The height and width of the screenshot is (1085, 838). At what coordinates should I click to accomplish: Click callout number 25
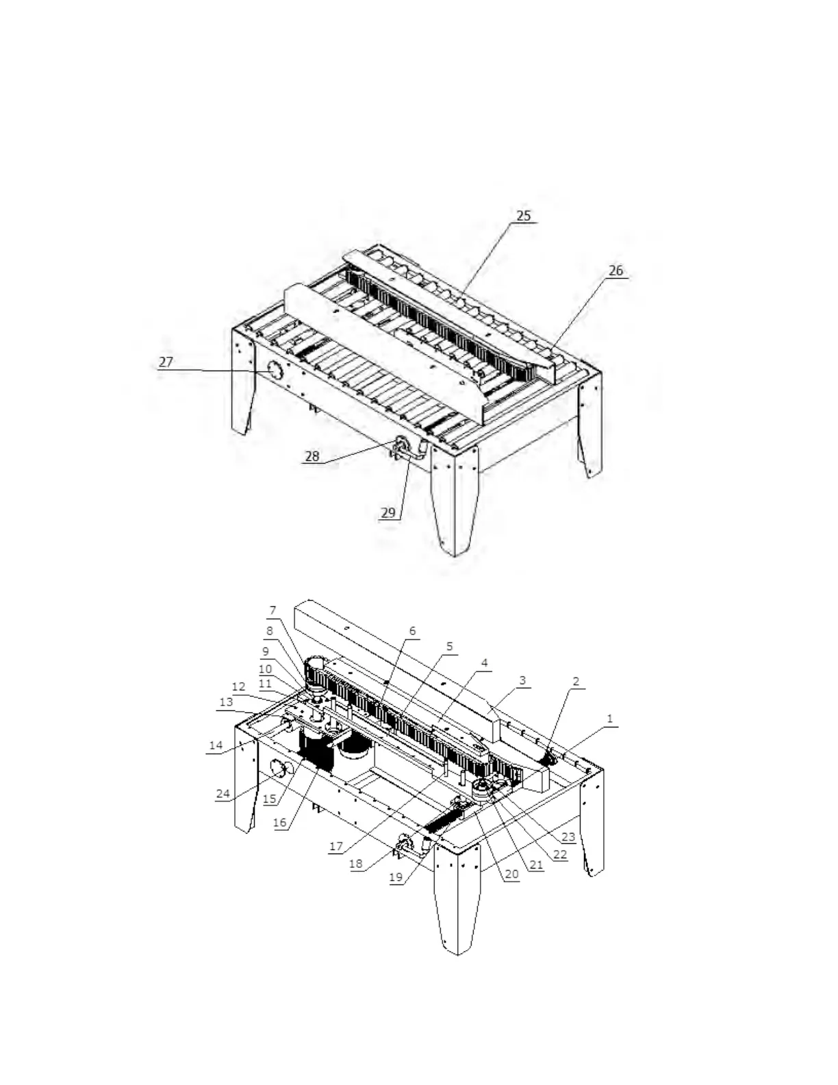523,216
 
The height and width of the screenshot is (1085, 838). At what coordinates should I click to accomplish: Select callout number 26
615,271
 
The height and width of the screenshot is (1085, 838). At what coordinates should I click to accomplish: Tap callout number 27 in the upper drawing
166,362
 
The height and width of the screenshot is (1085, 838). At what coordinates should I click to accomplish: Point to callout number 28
312,456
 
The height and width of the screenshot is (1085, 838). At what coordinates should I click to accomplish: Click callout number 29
388,512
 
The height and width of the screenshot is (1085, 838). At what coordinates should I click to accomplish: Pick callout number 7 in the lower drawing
272,610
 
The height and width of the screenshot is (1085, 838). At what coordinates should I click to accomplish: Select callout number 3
522,681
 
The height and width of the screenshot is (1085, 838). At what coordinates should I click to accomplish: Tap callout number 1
609,719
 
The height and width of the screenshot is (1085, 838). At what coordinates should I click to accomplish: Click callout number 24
223,794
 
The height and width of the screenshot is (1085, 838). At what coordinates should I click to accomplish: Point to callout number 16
280,823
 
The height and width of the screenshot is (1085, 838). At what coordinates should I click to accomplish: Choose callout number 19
396,877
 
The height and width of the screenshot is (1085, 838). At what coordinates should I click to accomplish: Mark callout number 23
568,836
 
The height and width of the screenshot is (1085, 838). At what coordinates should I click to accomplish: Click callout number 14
216,745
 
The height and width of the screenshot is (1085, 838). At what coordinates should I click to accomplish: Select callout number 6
412,631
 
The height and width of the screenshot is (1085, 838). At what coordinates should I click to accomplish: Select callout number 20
511,874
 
